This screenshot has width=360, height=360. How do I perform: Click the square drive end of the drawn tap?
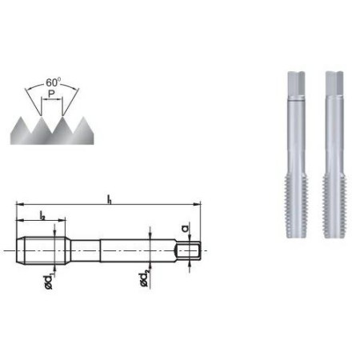click(x=188, y=250)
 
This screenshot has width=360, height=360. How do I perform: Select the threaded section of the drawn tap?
click(x=38, y=250)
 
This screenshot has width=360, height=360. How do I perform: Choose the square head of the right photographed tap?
click(x=333, y=84)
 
